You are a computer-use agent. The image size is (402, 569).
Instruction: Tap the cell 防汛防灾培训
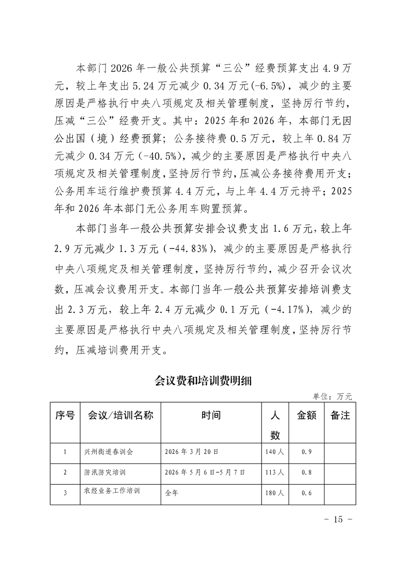click(x=105, y=472)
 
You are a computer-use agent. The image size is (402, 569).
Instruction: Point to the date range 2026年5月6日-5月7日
click(x=205, y=472)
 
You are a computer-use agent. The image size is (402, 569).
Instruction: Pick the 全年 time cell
click(x=172, y=492)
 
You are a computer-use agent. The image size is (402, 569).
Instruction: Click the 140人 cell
click(x=274, y=451)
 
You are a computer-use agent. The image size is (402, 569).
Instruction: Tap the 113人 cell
click(x=274, y=472)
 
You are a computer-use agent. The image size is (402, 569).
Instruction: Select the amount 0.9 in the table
click(x=306, y=451)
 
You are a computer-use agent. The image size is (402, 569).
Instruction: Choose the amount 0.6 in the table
click(x=306, y=492)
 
